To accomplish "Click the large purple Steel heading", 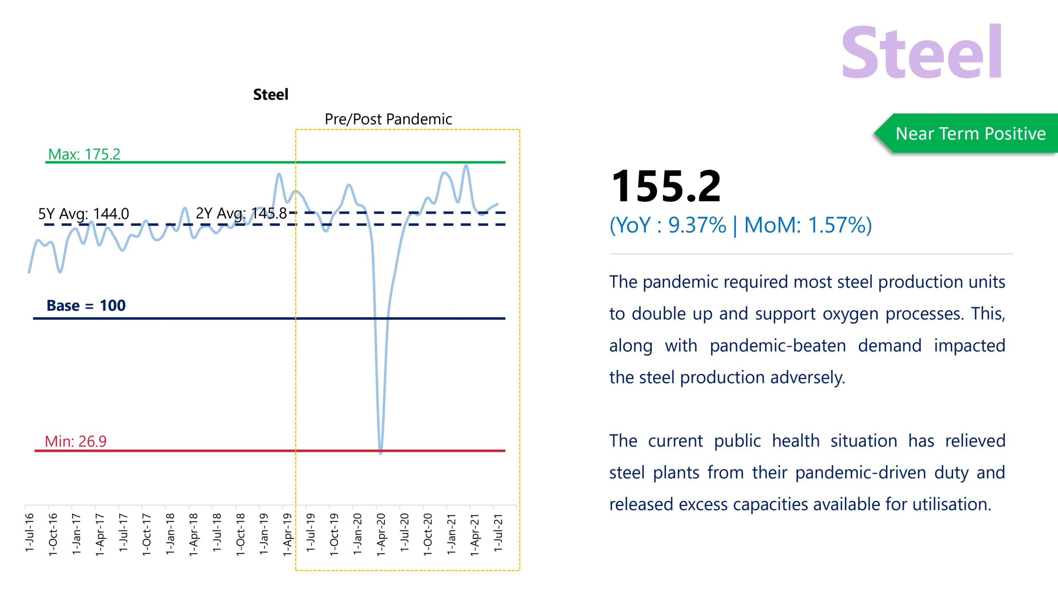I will tap(922, 52).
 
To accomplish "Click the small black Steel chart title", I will tap(271, 95).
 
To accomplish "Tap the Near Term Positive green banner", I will tap(970, 133).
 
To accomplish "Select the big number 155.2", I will tap(666, 186).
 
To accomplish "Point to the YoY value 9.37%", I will tap(697, 226).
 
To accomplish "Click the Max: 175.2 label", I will tap(84, 154).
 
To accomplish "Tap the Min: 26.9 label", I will tap(76, 441).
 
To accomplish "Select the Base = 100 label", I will tap(86, 306).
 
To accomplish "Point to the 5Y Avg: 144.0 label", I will tap(83, 214).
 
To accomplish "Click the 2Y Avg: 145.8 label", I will tap(241, 213).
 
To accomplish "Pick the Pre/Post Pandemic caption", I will tap(388, 119).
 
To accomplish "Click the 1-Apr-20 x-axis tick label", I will tap(381, 534).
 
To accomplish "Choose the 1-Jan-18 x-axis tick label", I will tap(170, 534).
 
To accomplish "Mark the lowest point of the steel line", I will tap(381, 453).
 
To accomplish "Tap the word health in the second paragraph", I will tap(796, 441).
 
